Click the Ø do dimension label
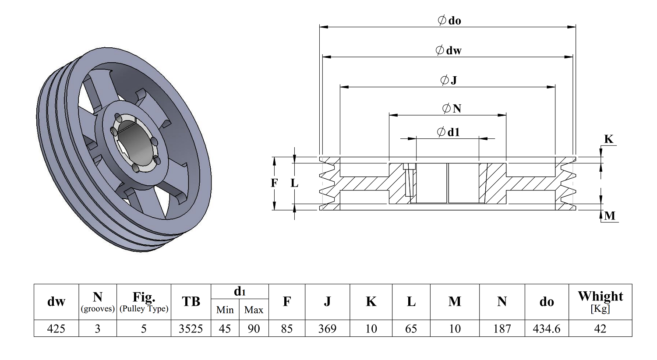click(x=449, y=21)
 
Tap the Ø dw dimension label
click(x=449, y=50)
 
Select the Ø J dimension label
click(x=449, y=80)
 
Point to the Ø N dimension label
click(x=452, y=109)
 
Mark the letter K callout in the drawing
click(x=609, y=139)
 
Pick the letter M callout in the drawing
click(x=610, y=216)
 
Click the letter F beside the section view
click(x=274, y=183)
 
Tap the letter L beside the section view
click(x=294, y=183)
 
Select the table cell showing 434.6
click(x=547, y=328)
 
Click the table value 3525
click(x=191, y=328)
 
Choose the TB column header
click(x=191, y=301)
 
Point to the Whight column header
click(x=600, y=302)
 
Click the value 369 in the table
click(x=327, y=328)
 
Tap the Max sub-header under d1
click(x=254, y=310)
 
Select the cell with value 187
click(x=502, y=328)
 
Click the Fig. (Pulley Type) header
click(x=144, y=302)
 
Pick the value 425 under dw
click(x=56, y=328)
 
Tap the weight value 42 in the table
click(x=600, y=328)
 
